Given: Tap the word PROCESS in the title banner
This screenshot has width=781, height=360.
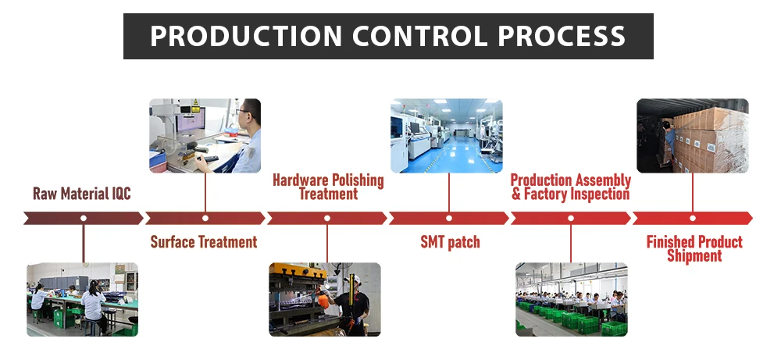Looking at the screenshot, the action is click(562, 36).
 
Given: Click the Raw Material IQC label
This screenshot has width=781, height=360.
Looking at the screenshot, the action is click(82, 194).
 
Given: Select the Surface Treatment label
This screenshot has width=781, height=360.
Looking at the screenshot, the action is click(204, 242).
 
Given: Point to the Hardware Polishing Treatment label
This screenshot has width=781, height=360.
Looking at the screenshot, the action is click(328, 187).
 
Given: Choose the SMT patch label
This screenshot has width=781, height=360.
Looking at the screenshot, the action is click(449, 242).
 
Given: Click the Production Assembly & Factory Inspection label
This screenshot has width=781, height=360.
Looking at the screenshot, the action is click(570, 187).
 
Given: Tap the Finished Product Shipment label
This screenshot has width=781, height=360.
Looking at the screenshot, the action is click(694, 249).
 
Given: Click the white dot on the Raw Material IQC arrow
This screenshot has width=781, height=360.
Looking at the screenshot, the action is click(84, 218).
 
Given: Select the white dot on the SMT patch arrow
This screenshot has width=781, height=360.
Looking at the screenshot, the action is click(449, 218).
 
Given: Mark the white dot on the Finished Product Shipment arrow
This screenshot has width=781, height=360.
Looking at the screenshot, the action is click(693, 218).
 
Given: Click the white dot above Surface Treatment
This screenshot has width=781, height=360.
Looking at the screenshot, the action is click(205, 218).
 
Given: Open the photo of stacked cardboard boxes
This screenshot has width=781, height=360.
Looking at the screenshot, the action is click(693, 135).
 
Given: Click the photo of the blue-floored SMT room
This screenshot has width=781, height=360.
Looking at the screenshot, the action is click(447, 135).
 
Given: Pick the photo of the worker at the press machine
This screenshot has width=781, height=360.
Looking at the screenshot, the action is click(325, 299).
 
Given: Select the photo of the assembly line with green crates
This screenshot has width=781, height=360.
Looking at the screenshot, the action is click(571, 299).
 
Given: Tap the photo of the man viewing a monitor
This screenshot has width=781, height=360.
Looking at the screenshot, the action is click(205, 135).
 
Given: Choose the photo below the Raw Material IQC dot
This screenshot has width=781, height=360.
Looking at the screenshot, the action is click(82, 299).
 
